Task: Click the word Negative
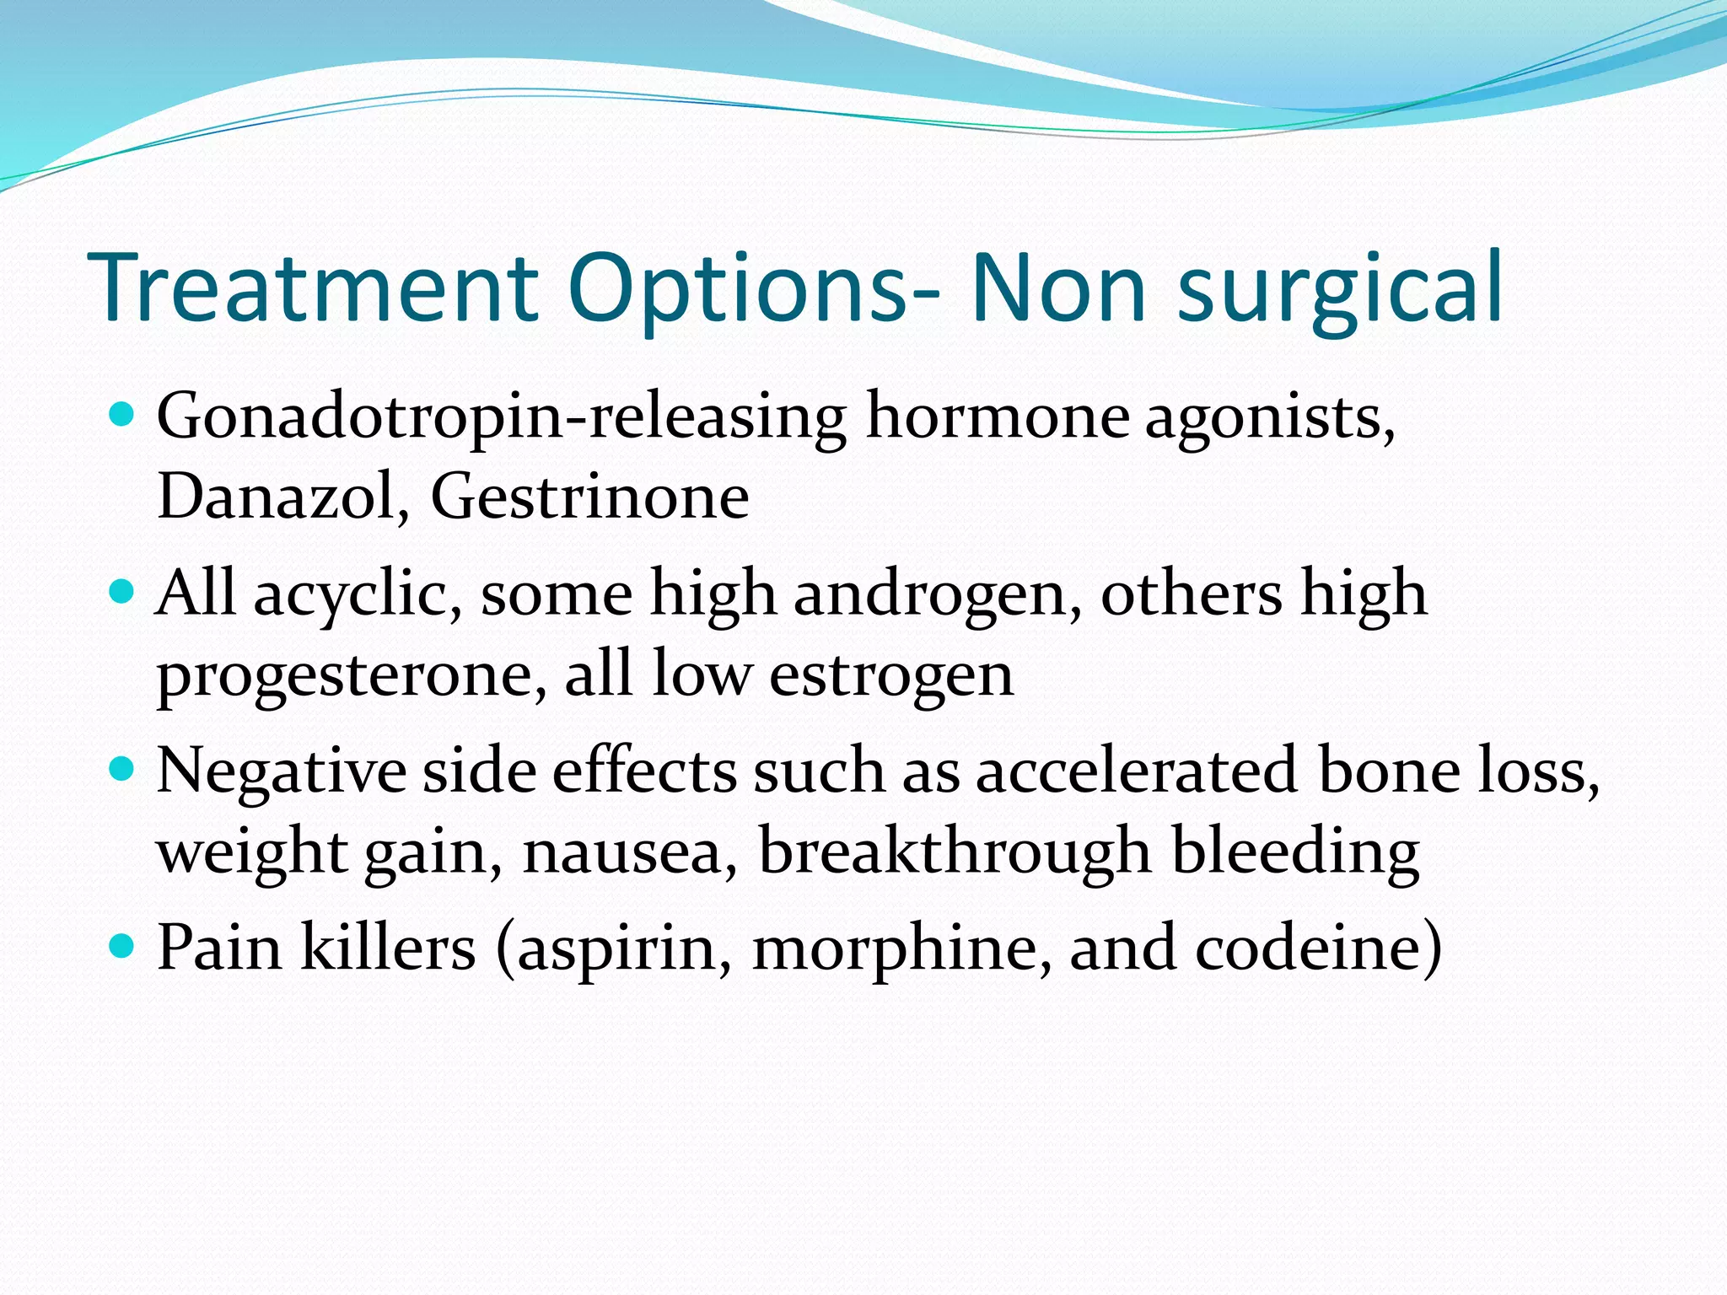(x=281, y=771)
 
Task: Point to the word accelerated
(x=1136, y=770)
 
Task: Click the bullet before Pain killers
(x=122, y=946)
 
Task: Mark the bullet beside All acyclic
(x=122, y=592)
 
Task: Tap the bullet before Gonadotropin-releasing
(x=122, y=415)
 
